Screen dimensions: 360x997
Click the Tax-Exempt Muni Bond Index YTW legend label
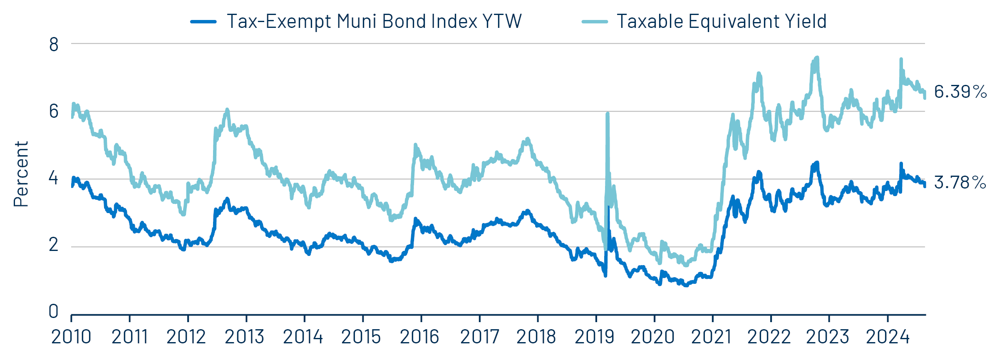click(x=374, y=21)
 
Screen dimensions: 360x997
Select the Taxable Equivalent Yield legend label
click(x=721, y=21)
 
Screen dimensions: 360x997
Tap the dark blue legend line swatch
click(x=203, y=22)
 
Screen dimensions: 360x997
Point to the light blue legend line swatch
click(x=595, y=22)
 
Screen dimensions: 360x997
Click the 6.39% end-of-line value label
click(x=960, y=92)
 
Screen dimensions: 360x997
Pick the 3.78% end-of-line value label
click(x=960, y=182)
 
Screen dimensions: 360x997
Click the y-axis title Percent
click(x=21, y=174)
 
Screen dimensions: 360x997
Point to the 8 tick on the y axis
click(x=54, y=45)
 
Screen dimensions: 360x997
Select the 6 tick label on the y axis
click(x=54, y=112)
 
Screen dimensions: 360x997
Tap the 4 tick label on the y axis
click(x=54, y=178)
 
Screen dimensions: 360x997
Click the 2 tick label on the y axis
click(x=54, y=245)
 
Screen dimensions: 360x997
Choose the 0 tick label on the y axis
click(x=54, y=311)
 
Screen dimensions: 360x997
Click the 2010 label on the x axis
click(x=71, y=337)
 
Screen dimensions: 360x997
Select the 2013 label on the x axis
click(x=244, y=337)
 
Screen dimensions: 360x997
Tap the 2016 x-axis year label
click(x=419, y=337)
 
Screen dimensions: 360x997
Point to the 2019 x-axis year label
click(x=594, y=337)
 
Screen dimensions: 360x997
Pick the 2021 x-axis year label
click(x=711, y=337)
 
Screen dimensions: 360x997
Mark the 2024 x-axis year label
click(x=888, y=337)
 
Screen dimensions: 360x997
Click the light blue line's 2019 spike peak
click(x=608, y=114)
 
